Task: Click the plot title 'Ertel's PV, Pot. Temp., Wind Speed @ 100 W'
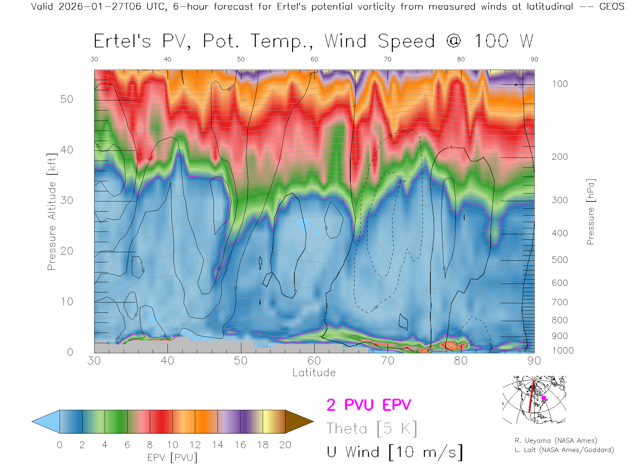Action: coord(313,42)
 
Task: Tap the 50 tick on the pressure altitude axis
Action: coord(66,99)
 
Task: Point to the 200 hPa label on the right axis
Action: coord(560,157)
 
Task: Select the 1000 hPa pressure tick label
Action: coord(563,351)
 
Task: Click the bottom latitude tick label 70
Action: coord(387,361)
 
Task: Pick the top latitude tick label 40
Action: coord(167,59)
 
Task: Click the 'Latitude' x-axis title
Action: coord(314,373)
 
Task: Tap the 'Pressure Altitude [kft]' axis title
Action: coord(52,212)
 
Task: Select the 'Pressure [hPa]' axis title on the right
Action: coord(590,212)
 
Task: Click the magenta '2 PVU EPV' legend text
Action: coord(369,405)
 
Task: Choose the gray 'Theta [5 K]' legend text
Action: coord(372,428)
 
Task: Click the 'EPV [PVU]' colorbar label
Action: coord(172,458)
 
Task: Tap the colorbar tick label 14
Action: coord(218,445)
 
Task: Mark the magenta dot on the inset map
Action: coord(544,398)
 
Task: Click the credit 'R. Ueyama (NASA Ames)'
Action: coord(556,441)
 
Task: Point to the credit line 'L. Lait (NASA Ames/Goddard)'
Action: coord(564,450)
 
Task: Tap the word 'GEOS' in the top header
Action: coord(612,7)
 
